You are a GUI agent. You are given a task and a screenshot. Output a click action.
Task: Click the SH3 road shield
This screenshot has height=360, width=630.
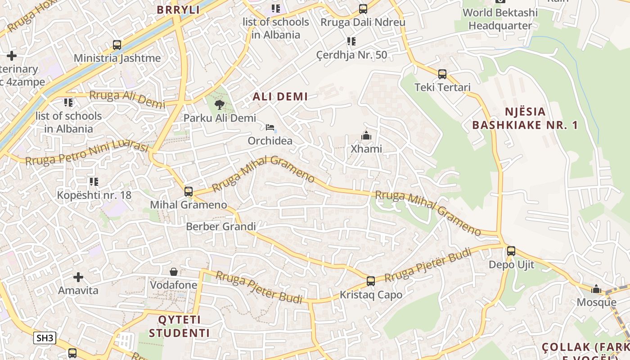[x=45, y=338]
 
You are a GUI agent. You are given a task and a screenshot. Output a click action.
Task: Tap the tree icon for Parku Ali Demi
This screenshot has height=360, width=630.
[x=220, y=105]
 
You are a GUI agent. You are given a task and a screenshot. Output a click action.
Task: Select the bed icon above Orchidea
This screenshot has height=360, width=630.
[x=270, y=127]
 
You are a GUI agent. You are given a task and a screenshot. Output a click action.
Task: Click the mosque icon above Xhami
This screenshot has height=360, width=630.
[x=366, y=135]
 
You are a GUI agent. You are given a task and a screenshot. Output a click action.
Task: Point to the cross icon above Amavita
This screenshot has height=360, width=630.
[x=78, y=277]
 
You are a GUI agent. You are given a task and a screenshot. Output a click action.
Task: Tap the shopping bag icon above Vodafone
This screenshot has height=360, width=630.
[x=174, y=272]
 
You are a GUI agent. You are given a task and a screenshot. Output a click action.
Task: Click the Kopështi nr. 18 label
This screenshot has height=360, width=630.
[x=94, y=195]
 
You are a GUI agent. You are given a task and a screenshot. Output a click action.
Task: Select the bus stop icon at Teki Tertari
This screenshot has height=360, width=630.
[x=442, y=74]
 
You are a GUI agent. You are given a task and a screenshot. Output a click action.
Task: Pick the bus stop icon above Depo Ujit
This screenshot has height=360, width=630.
[x=511, y=251]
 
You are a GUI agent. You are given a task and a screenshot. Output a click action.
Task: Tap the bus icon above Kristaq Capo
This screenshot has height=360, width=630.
[x=371, y=281]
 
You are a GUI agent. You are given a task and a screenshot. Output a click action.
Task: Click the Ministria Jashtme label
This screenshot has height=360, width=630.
[x=117, y=58]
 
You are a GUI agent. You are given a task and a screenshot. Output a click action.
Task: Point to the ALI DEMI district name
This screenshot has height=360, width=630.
[x=280, y=96]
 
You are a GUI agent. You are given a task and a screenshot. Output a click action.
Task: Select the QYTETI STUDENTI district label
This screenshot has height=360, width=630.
[x=180, y=327]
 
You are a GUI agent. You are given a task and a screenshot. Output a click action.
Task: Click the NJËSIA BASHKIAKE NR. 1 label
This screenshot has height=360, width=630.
[x=525, y=118]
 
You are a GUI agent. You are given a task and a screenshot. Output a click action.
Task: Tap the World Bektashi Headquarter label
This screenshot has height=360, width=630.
[x=500, y=19]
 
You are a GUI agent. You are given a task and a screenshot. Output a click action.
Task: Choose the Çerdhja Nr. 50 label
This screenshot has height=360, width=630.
[x=351, y=55]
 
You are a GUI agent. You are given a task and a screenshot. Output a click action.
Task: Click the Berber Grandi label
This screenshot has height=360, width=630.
[x=221, y=226]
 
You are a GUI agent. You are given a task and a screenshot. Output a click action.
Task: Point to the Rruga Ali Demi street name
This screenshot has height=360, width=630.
[x=127, y=99]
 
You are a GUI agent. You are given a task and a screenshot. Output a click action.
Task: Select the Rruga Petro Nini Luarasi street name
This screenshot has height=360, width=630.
[x=87, y=154]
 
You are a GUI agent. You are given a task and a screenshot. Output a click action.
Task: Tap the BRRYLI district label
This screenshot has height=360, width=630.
[x=178, y=10]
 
